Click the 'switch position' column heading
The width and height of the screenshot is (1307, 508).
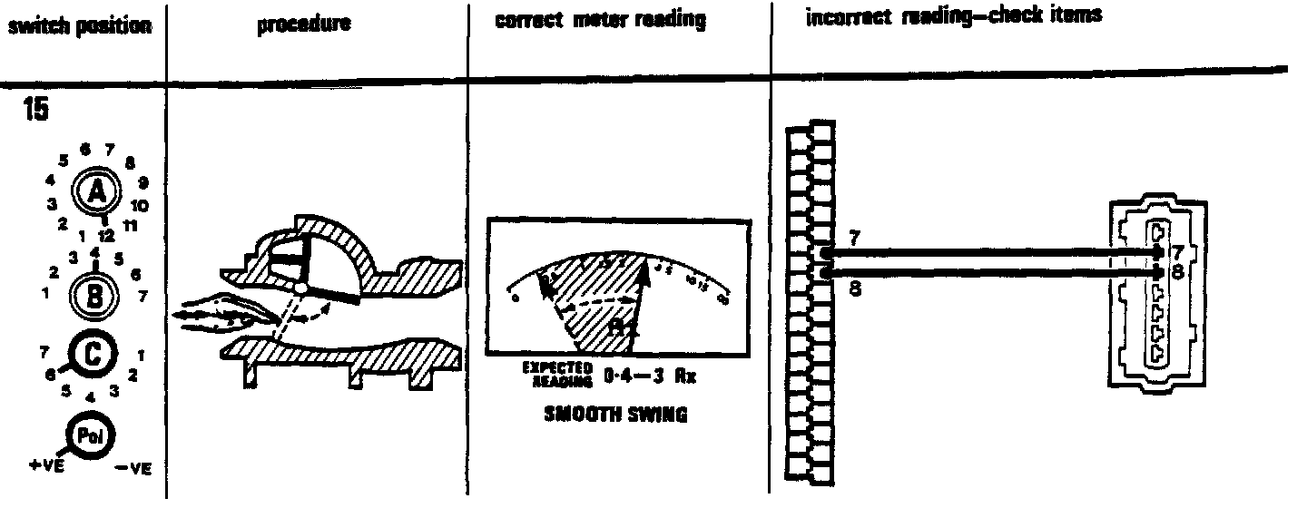(79, 26)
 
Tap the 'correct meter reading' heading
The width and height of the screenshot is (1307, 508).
(601, 21)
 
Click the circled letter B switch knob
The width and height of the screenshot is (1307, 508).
(95, 295)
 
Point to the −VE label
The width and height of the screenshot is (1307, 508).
(133, 469)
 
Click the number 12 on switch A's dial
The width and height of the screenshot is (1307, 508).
(106, 234)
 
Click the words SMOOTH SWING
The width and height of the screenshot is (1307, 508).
(615, 415)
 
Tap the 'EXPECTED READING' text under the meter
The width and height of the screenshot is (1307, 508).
(556, 374)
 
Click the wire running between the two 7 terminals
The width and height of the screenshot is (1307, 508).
(989, 253)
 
